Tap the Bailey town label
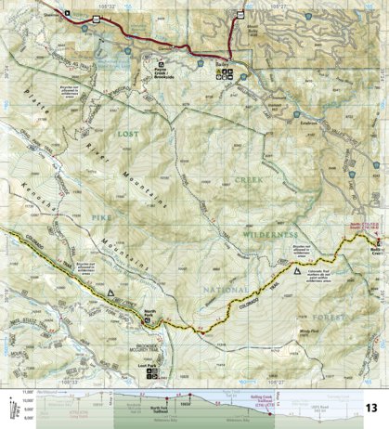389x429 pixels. tap(220, 64)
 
